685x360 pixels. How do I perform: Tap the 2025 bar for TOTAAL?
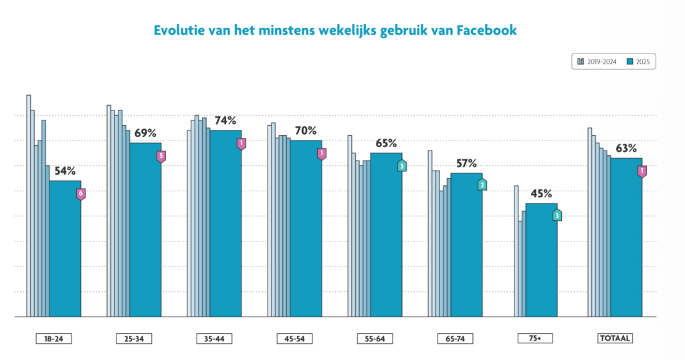[626, 238]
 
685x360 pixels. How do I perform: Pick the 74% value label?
[225, 121]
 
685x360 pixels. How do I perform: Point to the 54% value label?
[65, 171]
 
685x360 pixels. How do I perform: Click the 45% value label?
[541, 194]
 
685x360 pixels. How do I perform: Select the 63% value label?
[626, 149]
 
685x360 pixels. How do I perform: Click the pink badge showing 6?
[81, 194]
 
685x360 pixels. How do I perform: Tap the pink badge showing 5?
[161, 157]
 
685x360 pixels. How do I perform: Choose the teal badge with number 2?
[482, 185]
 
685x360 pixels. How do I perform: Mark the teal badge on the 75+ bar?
[557, 215]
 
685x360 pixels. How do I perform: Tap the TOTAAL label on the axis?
[614, 339]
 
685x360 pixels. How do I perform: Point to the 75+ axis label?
[534, 339]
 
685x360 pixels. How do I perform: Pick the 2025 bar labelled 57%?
[466, 244]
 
